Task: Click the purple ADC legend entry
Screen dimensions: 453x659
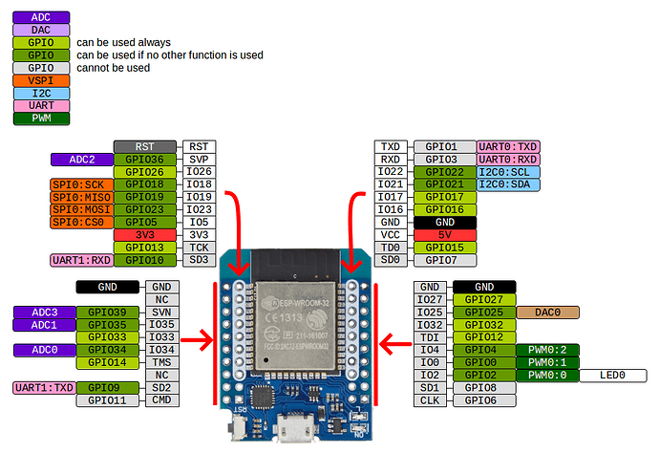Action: click(x=40, y=17)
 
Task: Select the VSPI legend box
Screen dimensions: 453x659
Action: click(x=40, y=80)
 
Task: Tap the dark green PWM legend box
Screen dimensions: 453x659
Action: click(x=40, y=118)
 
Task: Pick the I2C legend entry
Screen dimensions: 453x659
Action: click(x=40, y=93)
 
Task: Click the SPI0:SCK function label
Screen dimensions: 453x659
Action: click(x=79, y=183)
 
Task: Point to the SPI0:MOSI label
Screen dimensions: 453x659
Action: click(x=79, y=209)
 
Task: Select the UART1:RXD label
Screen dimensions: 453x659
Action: click(x=81, y=260)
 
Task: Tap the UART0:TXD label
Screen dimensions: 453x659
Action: click(x=508, y=146)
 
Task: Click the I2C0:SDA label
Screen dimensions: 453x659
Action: click(x=508, y=184)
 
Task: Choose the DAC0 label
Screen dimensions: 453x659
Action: click(x=546, y=312)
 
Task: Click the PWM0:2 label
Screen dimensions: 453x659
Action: click(x=546, y=350)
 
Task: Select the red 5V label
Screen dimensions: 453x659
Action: click(x=444, y=235)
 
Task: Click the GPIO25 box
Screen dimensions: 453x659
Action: click(x=483, y=312)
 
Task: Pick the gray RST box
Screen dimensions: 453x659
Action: click(x=145, y=146)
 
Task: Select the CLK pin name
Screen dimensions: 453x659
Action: click(x=430, y=400)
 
